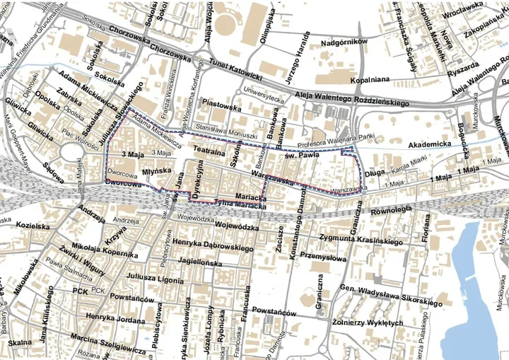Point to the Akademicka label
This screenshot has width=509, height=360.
tap(428, 144)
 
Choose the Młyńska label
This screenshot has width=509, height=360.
tap(153, 170)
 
